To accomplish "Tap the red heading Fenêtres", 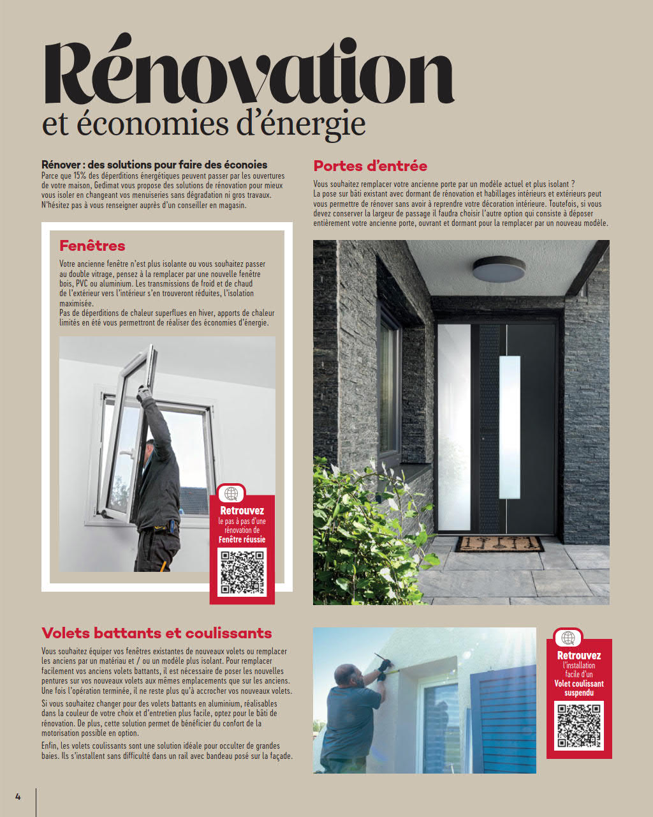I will (x=92, y=246).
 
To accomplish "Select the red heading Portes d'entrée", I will (x=370, y=166).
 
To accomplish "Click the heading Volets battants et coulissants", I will (x=157, y=633).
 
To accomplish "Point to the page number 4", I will (x=18, y=796).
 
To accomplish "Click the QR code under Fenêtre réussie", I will (x=242, y=573).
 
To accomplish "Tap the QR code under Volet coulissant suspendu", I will (x=578, y=725).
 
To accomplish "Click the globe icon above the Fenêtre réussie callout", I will (x=231, y=493).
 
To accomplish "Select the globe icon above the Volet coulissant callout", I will (x=568, y=638).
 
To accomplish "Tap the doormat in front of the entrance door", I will (x=499, y=544).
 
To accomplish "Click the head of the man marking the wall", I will (x=348, y=675).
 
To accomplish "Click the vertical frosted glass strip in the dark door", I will (x=510, y=425).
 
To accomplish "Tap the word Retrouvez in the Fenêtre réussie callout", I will (x=242, y=511).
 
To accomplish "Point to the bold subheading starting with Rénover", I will (x=154, y=165).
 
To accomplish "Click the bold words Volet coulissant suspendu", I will (x=578, y=688).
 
